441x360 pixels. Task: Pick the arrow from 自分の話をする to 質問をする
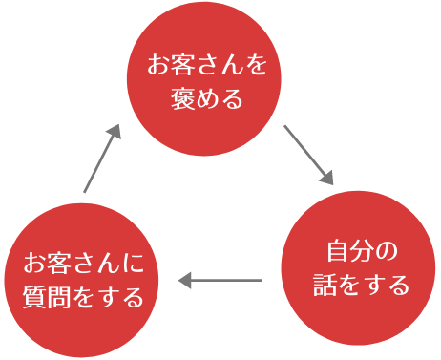pos(220,281)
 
